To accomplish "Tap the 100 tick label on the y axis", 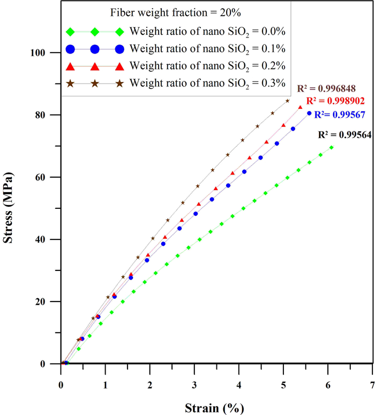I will click(x=43, y=53).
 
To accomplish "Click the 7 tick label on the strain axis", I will click(x=372, y=385).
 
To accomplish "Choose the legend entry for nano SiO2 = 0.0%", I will click(x=207, y=32).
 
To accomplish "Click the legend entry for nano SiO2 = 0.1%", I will click(x=207, y=49).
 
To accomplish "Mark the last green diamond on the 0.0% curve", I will click(x=331, y=147).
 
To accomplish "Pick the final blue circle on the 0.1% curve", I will click(x=309, y=113).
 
